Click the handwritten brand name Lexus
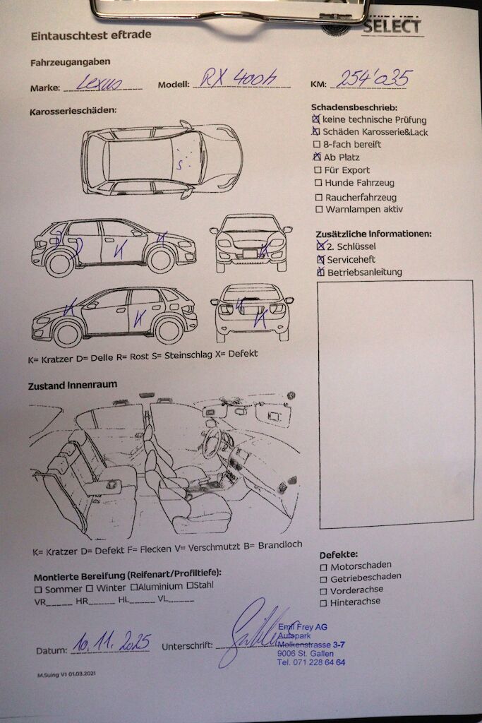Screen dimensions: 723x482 [100, 83]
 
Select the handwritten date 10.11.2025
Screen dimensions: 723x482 [112, 643]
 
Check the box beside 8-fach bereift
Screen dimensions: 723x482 [317, 145]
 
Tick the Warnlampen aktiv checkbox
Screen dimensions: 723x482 [319, 210]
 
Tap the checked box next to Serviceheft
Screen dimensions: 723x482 [320, 260]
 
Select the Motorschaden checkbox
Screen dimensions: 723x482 [323, 566]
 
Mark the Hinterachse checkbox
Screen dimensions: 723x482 [323, 602]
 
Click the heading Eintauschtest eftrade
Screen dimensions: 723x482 [90, 35]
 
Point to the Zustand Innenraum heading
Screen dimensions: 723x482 [73, 386]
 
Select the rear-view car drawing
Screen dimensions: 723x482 [252, 311]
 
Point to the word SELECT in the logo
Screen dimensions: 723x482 [392, 27]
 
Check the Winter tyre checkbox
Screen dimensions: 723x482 [90, 587]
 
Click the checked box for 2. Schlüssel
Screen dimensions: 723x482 [321, 246]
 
